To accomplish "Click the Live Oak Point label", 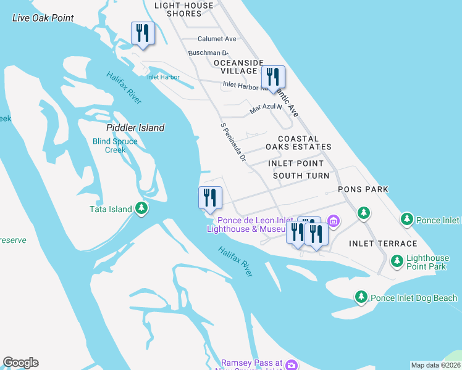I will [43, 18].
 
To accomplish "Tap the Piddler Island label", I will [135, 128].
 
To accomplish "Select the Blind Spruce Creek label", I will [115, 146].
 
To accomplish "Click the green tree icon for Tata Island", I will [142, 208].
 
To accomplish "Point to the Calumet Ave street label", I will [217, 39].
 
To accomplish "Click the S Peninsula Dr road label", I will [233, 142].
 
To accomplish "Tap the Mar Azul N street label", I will [266, 109].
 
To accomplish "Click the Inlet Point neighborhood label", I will [296, 163].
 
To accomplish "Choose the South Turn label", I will [301, 176].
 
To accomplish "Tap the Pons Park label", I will [363, 189].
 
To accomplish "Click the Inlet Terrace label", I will [383, 244].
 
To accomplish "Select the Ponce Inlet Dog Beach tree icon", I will [361, 297].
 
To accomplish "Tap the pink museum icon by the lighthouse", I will [334, 221].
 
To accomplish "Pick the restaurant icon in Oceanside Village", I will [272, 77].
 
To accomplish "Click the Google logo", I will [20, 363].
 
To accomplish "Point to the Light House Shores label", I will [183, 9].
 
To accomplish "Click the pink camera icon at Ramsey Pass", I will [292, 364].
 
